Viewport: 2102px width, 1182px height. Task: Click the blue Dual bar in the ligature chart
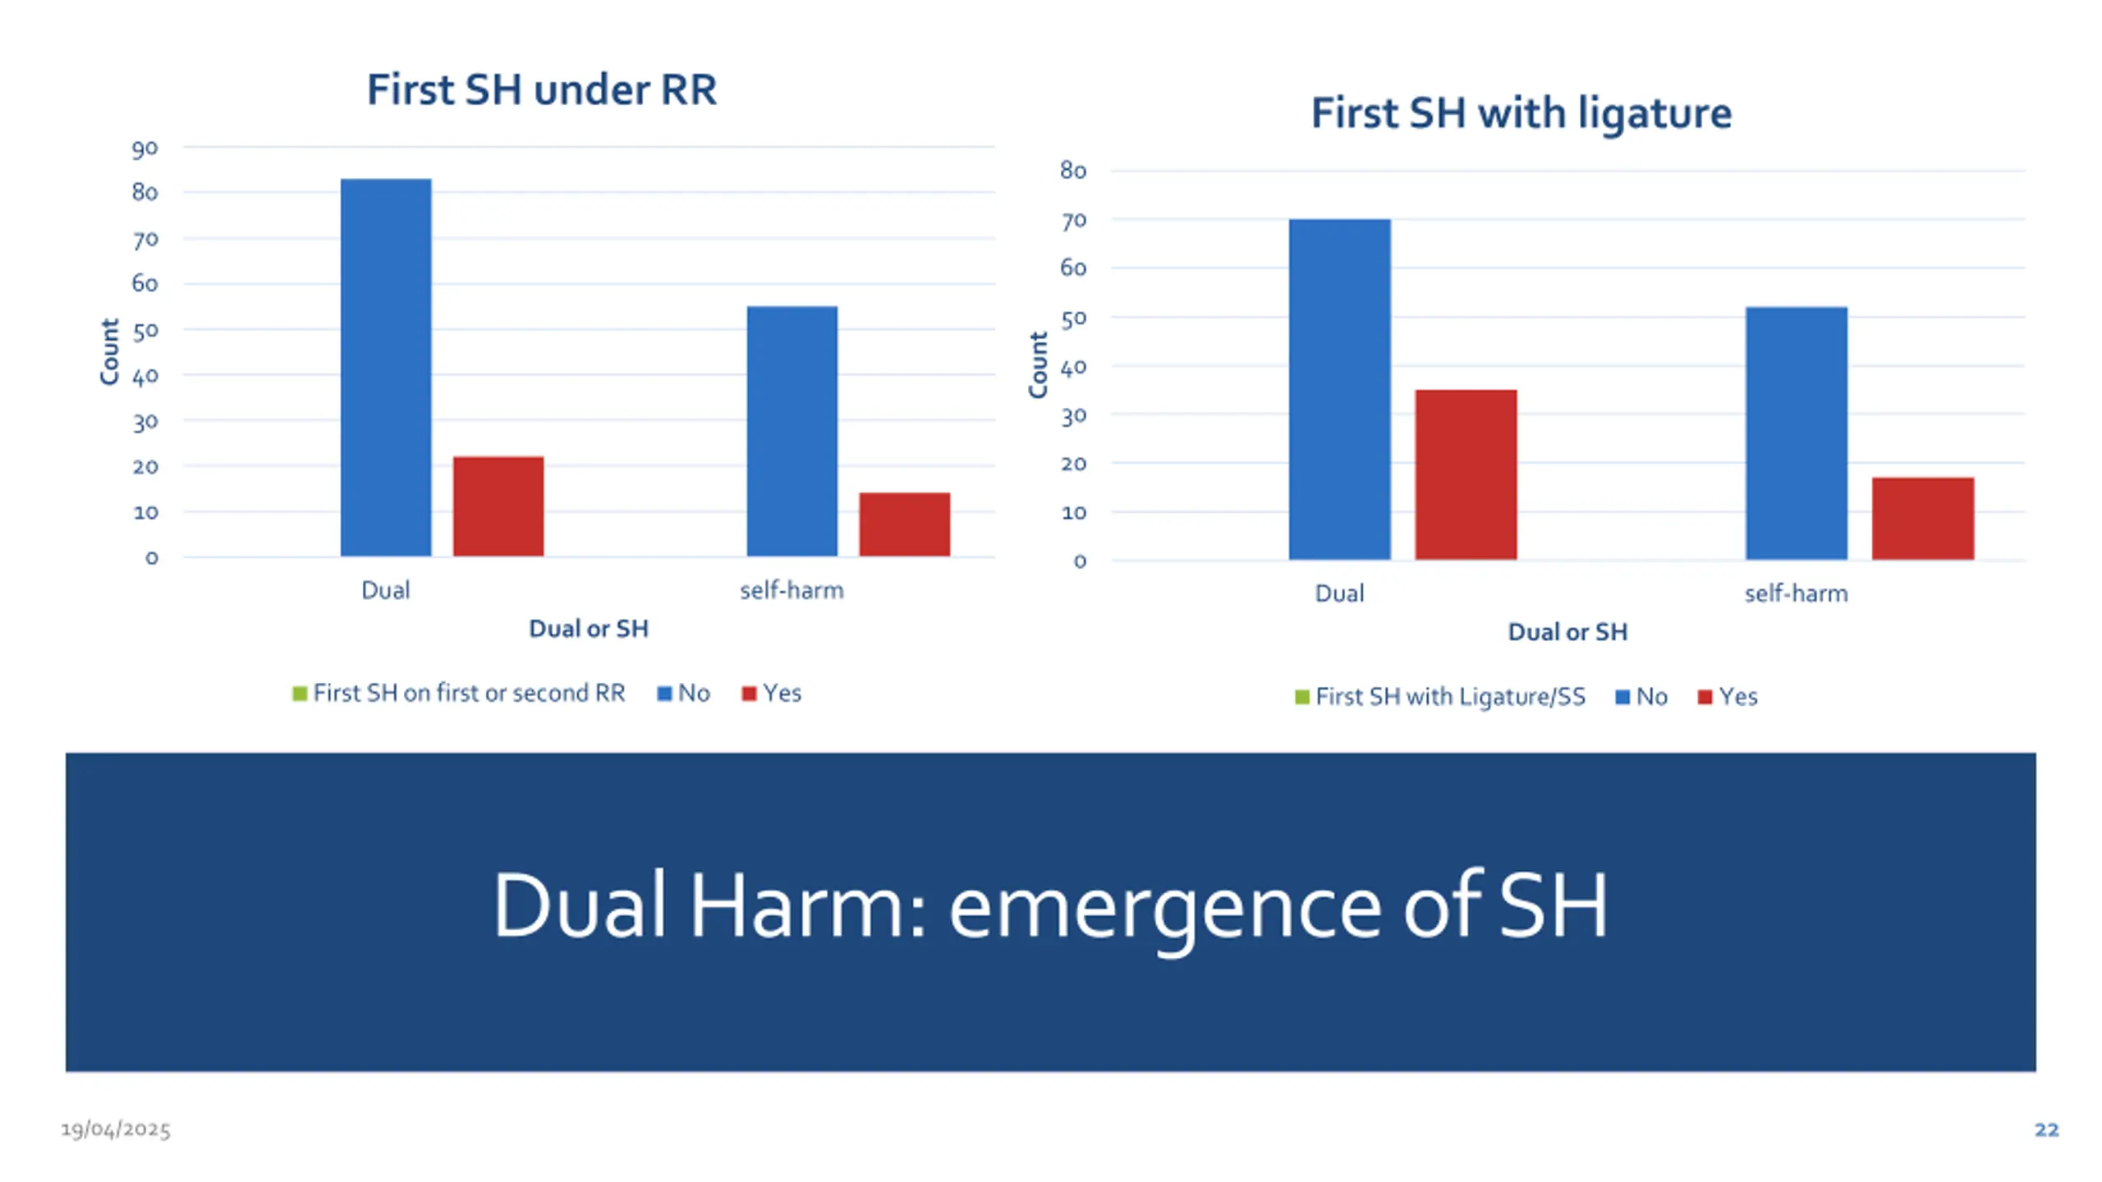click(x=1339, y=389)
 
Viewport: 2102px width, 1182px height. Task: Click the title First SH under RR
click(x=541, y=89)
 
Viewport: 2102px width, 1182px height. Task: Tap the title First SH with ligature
click(x=1521, y=112)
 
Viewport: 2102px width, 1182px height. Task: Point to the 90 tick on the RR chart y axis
click(x=145, y=149)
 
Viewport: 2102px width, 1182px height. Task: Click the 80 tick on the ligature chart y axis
click(x=1073, y=171)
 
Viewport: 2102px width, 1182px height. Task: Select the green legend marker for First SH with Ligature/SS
click(x=1301, y=697)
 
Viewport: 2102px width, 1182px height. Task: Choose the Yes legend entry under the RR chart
click(x=772, y=694)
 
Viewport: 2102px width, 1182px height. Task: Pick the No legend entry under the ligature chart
click(x=1641, y=697)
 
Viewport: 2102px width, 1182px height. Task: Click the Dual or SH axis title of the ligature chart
click(x=1567, y=632)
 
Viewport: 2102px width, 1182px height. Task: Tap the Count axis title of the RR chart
click(x=109, y=351)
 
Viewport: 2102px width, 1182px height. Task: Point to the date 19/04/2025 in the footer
click(x=116, y=1129)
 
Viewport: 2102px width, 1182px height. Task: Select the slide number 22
click(x=2046, y=1129)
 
